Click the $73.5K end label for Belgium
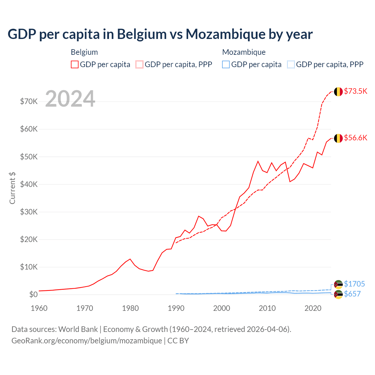355,91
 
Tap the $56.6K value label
355,138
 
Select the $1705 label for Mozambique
354,284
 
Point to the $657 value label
352,294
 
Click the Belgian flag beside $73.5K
338,92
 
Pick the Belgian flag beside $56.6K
338,138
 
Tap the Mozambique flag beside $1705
338,284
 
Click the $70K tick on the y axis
29,102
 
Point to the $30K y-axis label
29,212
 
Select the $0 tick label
33,295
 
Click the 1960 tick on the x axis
39,308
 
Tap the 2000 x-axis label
222,308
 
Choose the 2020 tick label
313,308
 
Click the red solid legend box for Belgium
75,64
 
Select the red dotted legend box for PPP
139,64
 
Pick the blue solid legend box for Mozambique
226,64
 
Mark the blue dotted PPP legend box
291,64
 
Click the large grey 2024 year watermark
70,99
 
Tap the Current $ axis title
12,188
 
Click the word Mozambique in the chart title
221,34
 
